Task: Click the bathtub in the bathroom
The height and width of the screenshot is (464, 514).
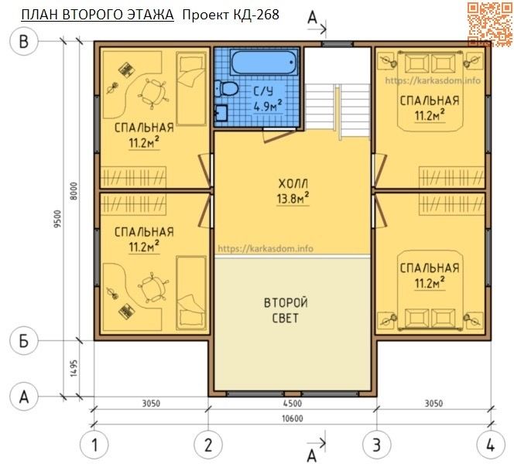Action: point(264,62)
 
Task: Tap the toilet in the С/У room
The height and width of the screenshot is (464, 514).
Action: point(226,88)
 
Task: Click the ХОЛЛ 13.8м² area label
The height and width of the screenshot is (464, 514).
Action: point(293,192)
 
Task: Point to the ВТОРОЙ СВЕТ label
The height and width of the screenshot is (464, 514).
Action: point(286,310)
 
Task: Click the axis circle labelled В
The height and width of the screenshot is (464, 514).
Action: point(23,41)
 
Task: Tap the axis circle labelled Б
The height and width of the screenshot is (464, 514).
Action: point(23,341)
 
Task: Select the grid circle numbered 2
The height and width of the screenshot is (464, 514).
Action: point(208,445)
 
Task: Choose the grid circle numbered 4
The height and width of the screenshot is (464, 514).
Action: point(491,445)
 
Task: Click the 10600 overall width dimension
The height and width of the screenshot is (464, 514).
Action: point(293,418)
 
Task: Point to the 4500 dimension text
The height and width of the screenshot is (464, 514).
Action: point(293,403)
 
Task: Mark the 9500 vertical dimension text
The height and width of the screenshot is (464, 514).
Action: point(57,219)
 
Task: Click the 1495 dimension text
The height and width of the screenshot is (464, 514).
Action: point(74,368)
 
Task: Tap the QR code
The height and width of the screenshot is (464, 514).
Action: point(490,24)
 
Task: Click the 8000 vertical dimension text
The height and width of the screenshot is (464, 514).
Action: point(74,191)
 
